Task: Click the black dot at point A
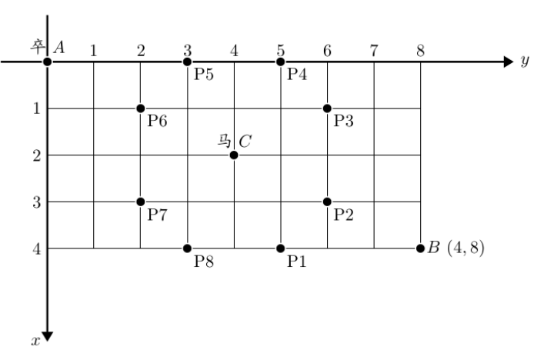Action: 48,62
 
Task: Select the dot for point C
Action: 234,155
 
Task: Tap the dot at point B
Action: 420,248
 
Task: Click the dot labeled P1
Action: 281,248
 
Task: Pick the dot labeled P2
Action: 327,202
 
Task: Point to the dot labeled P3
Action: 327,108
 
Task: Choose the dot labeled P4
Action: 281,62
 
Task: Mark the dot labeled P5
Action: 187,62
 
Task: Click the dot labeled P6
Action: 141,108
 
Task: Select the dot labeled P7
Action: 141,202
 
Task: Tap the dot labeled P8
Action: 187,248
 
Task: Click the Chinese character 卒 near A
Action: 38,46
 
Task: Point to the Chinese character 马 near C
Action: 224,141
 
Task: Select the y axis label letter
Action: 525,61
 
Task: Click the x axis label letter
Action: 35,341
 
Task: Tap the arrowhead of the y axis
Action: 509,62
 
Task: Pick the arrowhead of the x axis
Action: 48,337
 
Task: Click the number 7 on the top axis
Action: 374,51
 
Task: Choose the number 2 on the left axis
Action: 37,155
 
